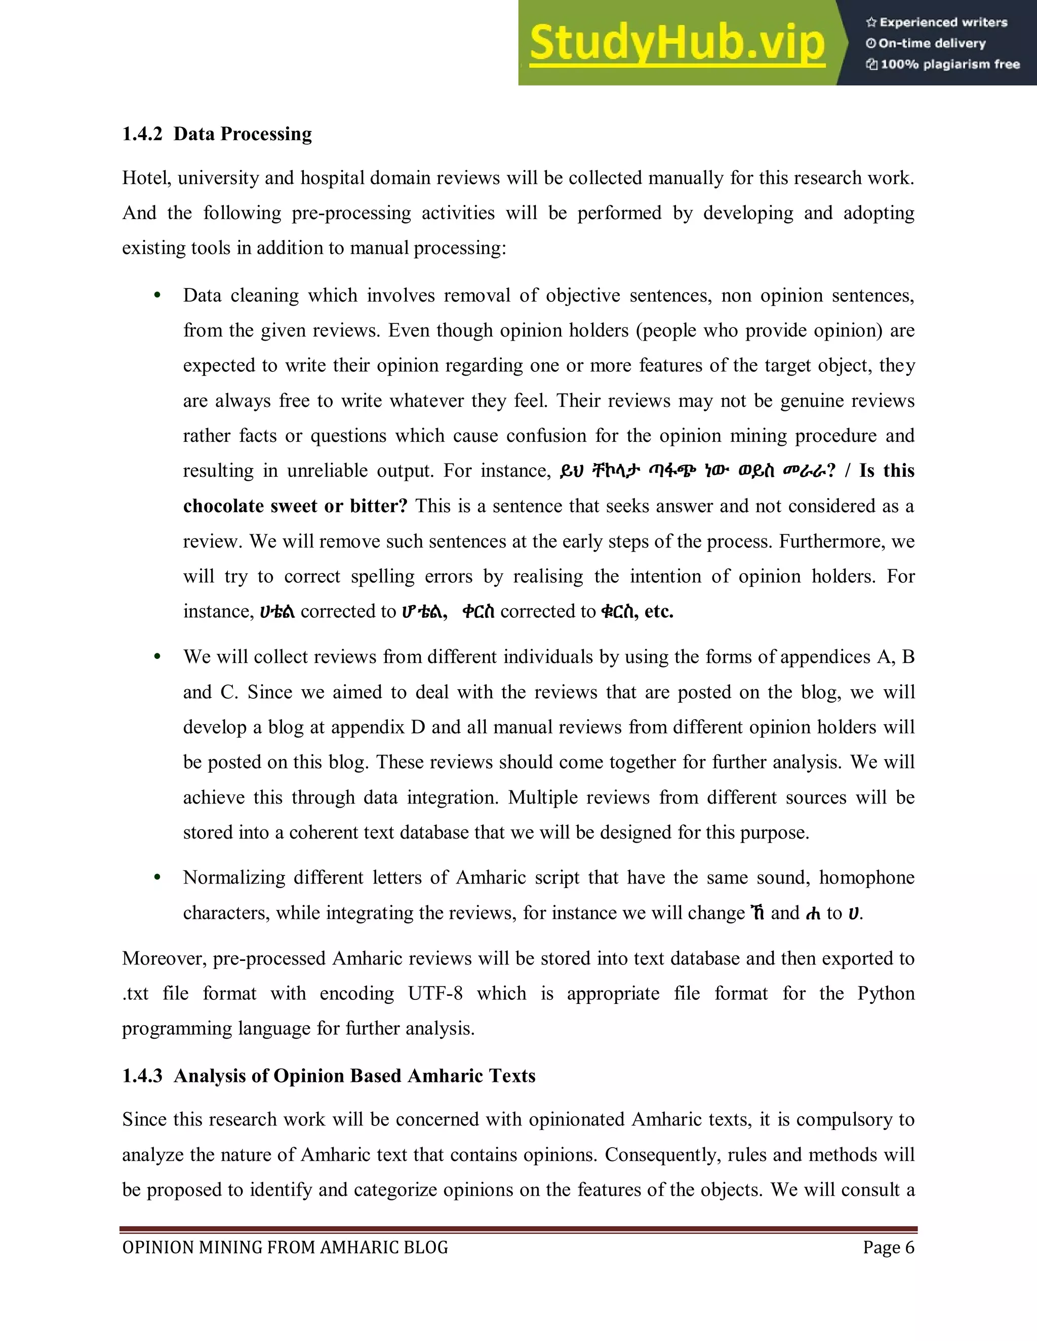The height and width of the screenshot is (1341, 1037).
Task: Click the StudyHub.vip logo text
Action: [676, 43]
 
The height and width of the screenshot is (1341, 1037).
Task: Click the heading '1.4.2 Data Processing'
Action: [217, 134]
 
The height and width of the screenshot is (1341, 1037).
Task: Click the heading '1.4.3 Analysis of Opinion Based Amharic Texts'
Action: [329, 1076]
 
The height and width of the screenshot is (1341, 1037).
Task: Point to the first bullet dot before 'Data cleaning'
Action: [157, 296]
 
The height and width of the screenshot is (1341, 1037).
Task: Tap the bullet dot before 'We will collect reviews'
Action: [157, 657]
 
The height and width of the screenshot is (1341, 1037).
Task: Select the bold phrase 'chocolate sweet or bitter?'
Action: [295, 506]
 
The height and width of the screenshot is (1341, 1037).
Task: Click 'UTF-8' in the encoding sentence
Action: [435, 993]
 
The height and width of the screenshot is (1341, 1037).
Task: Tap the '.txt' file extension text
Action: [135, 993]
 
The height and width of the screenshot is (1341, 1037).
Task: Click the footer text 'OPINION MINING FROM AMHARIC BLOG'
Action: [285, 1248]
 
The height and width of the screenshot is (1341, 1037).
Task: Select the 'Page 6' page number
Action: [888, 1248]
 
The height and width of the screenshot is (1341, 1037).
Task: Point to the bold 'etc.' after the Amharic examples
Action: [659, 612]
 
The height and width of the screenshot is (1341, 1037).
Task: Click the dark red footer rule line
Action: [518, 1230]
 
